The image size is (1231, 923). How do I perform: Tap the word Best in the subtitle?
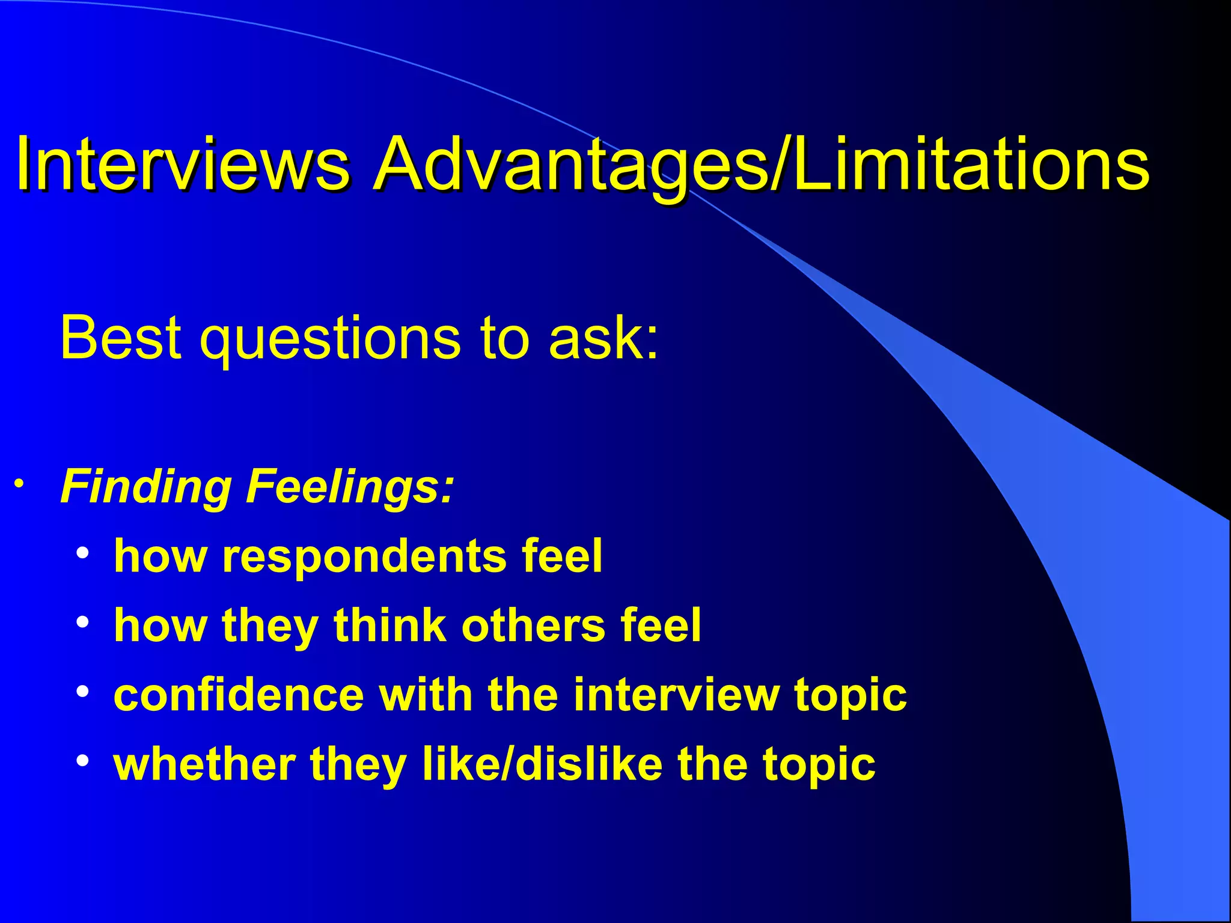(120, 338)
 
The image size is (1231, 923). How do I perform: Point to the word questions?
(331, 338)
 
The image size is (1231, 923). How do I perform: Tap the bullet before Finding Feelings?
(19, 484)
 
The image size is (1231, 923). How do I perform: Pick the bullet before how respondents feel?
(83, 552)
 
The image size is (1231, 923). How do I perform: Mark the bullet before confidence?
(83, 691)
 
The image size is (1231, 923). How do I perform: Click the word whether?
(204, 764)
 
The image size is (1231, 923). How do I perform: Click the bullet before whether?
(83, 761)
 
